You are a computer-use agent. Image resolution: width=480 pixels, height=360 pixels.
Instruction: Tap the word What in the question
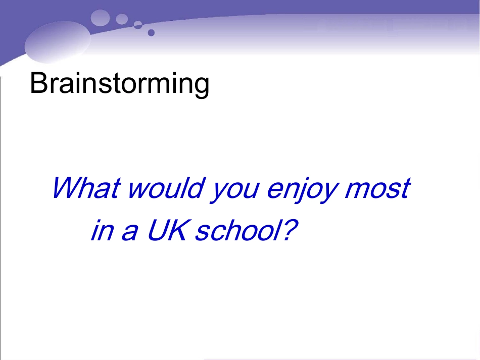click(x=86, y=188)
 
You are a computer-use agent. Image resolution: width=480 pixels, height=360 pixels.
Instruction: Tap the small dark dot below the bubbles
click(x=151, y=33)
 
